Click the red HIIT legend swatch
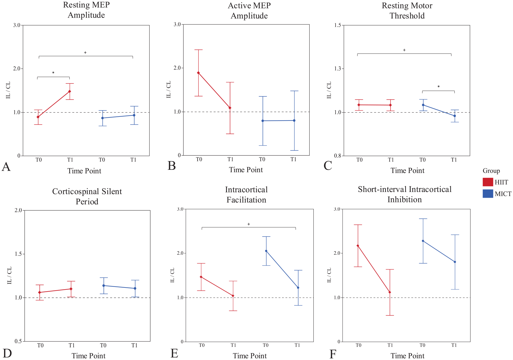click(x=488, y=182)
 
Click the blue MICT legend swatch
click(x=488, y=194)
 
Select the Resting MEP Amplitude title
click(x=86, y=10)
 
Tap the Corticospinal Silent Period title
click(x=87, y=197)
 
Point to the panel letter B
click(x=172, y=166)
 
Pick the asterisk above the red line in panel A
click(x=53, y=73)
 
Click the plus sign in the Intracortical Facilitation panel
click(x=249, y=224)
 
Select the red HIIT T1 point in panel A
click(x=70, y=92)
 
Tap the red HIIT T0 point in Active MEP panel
click(x=198, y=73)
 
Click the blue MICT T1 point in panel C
click(x=455, y=116)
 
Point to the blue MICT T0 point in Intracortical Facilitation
click(x=266, y=251)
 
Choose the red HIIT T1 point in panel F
click(x=390, y=292)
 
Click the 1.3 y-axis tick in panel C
click(x=338, y=69)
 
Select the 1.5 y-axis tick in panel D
click(x=18, y=254)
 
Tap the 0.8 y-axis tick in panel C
click(x=338, y=156)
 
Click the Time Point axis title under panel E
click(x=250, y=356)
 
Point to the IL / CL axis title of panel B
click(x=169, y=89)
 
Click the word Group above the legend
click(x=491, y=171)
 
